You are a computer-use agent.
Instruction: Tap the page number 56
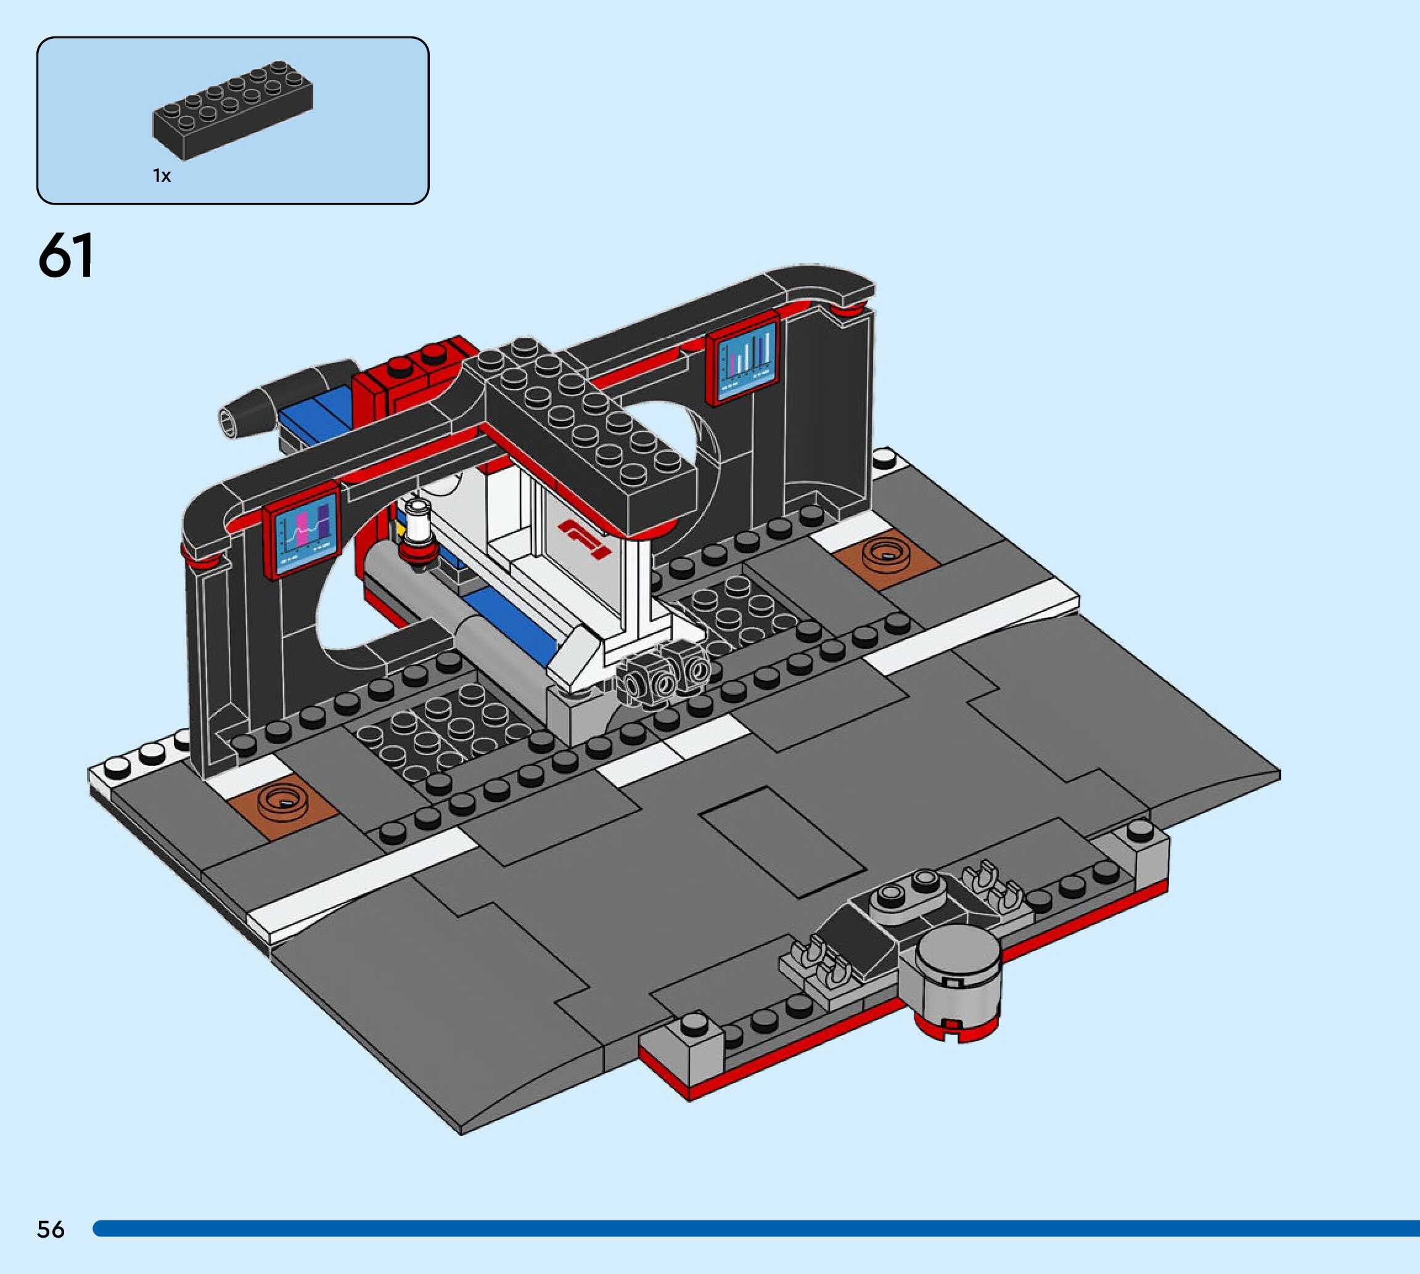51,1229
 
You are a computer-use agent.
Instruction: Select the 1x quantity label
162,176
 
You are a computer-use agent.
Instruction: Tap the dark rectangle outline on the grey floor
782,842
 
